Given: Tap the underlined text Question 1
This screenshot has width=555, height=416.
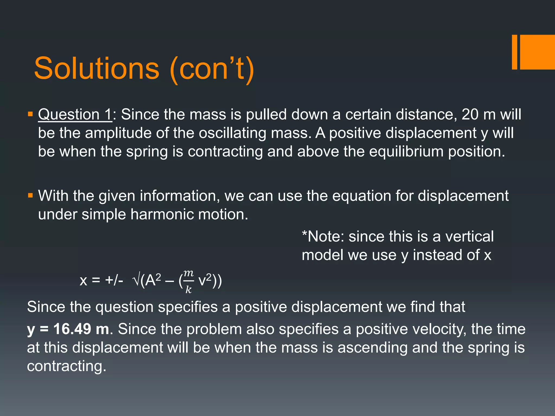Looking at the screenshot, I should pos(75,114).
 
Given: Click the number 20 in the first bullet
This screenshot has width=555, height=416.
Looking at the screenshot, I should pos(470,114).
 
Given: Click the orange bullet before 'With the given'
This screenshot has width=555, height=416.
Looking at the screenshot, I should pos(30,195).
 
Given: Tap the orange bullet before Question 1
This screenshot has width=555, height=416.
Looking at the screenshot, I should pos(30,113).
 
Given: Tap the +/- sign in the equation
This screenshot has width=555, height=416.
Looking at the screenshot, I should pos(114,280).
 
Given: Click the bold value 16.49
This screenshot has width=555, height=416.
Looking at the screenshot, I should pos(72,329).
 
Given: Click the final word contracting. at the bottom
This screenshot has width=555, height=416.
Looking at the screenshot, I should pos(66,366).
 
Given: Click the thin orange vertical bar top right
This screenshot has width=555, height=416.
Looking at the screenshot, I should pos(514,52).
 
